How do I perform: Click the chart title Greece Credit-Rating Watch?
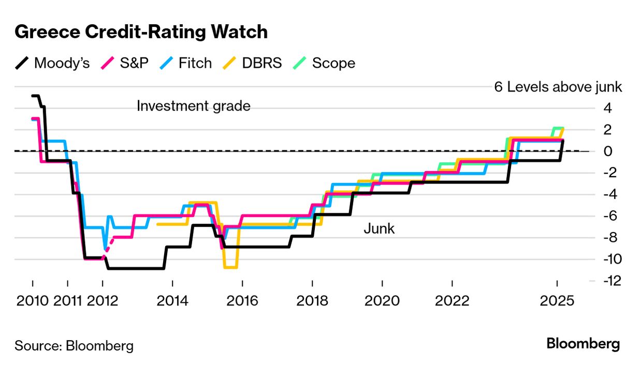[141, 32]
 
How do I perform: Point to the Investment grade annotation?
[194, 106]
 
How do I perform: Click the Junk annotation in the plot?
[379, 228]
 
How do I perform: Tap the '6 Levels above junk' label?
[558, 87]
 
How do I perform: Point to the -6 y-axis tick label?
[609, 216]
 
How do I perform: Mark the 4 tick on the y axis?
[608, 109]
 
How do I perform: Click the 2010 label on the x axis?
[32, 301]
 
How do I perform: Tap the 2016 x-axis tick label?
[242, 301]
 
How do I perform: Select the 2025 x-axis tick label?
[557, 301]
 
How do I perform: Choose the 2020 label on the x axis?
[382, 301]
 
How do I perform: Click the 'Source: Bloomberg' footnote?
[74, 345]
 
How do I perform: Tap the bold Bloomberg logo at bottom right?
[583, 344]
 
